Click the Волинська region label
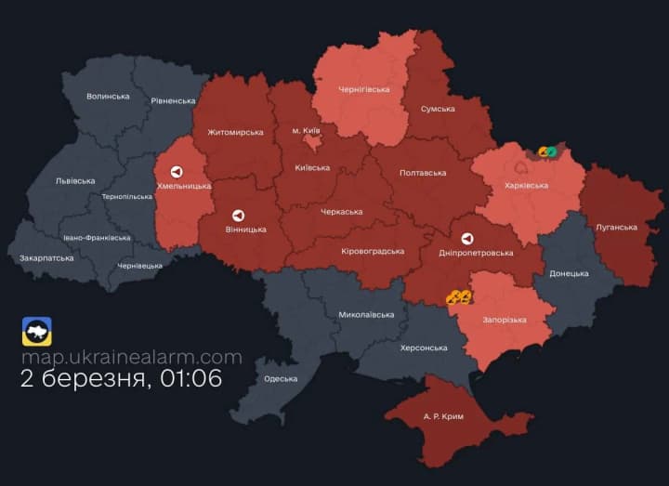click(108, 96)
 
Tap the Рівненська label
click(174, 100)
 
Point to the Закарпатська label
click(46, 257)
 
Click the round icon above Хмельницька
click(177, 172)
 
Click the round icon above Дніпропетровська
click(466, 238)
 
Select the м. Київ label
click(309, 131)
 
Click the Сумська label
click(438, 109)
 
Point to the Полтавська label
click(422, 173)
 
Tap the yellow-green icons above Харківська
click(546, 151)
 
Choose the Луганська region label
click(615, 227)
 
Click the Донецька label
click(569, 273)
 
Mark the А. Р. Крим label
click(442, 416)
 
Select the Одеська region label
click(281, 378)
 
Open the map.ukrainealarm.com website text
click(131, 357)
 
